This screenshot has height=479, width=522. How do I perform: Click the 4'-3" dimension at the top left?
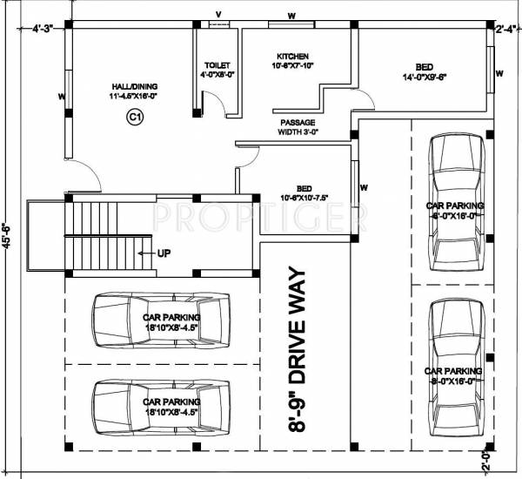(43, 29)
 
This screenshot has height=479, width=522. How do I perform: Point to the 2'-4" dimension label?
(505, 29)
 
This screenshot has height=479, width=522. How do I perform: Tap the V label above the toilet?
(217, 15)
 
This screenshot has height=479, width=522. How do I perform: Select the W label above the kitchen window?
(291, 15)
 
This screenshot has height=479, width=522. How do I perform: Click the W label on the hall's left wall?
(61, 96)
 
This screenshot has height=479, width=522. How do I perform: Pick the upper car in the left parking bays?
(161, 317)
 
